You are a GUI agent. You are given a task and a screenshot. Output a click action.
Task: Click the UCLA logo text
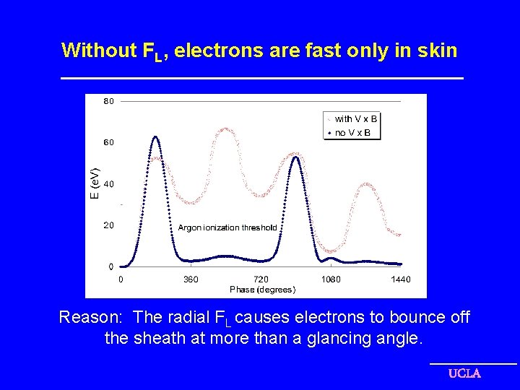(x=464, y=373)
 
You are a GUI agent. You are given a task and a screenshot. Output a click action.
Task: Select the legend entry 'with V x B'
(x=356, y=118)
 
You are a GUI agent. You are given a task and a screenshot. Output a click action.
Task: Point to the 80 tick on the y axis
(x=108, y=102)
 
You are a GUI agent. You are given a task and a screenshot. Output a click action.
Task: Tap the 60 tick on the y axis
(x=108, y=143)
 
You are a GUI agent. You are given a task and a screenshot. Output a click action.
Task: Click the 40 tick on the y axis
(x=108, y=184)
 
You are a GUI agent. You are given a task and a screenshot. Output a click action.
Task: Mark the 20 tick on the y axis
(x=108, y=225)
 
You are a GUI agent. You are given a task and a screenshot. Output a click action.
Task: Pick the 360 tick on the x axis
(x=191, y=279)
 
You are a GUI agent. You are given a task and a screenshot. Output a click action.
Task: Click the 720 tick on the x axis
(x=261, y=279)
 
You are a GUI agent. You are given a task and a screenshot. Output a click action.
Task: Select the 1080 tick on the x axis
(x=331, y=279)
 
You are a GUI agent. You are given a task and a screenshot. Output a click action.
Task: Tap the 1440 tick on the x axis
(x=401, y=279)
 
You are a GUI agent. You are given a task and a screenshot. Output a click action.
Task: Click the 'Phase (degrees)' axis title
(x=262, y=290)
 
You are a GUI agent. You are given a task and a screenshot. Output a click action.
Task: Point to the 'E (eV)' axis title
(x=94, y=183)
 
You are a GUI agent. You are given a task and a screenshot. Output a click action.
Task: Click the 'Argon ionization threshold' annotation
(x=227, y=227)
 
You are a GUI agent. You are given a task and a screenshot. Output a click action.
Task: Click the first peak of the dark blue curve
(x=155, y=136)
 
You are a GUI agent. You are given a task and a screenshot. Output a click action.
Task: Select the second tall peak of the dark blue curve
(x=295, y=157)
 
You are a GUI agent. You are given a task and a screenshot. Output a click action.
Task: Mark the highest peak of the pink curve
(x=227, y=129)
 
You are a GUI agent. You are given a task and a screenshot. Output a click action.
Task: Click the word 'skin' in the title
(x=438, y=50)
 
